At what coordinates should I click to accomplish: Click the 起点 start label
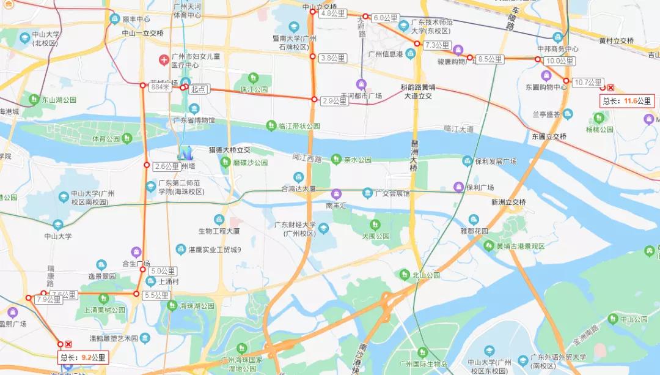pos(199,89)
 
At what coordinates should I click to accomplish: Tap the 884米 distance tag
pos(159,87)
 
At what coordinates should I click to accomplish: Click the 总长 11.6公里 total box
pos(628,101)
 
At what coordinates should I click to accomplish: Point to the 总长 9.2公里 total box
pos(82,357)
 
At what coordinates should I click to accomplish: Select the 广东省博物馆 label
pos(194,121)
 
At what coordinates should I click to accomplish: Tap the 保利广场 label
pos(480,187)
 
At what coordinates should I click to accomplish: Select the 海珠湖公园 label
pos(197,306)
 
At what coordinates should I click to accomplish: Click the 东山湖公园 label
pos(58,100)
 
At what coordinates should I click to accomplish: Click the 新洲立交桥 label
pos(508,202)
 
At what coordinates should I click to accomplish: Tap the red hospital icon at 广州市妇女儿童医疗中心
pos(163,60)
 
